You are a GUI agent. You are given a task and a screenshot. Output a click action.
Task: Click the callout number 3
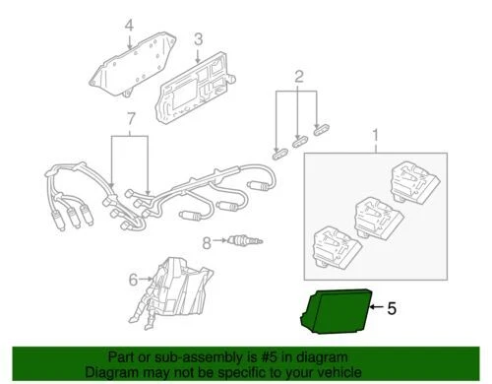click(198, 39)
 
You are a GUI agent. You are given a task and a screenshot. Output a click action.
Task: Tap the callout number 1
click(374, 134)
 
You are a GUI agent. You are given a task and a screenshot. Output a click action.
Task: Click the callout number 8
click(205, 241)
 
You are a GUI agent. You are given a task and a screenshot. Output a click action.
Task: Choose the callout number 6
click(135, 280)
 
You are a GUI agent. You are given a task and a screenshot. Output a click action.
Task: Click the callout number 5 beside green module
click(392, 308)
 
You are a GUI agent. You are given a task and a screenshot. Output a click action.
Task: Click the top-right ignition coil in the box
click(413, 182)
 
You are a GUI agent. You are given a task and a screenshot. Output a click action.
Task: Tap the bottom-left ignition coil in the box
click(337, 244)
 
